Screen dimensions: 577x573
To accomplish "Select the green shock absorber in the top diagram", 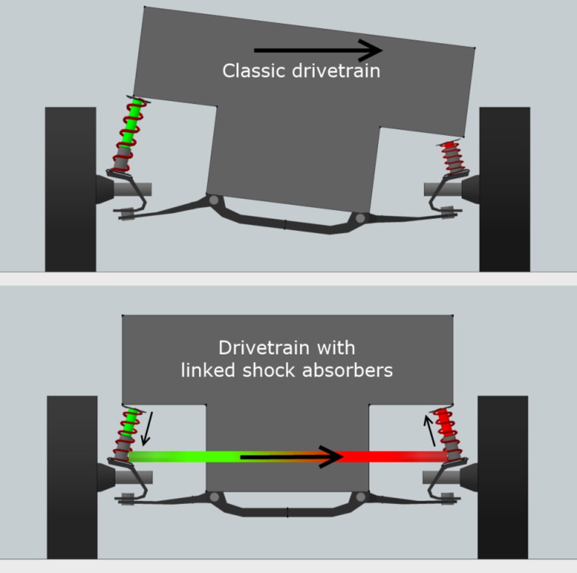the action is (130, 133).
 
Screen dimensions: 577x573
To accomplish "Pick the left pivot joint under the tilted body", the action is (213, 200).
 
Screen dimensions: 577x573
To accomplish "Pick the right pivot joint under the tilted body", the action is (361, 218).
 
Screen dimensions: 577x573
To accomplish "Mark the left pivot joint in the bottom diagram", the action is (215, 497).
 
